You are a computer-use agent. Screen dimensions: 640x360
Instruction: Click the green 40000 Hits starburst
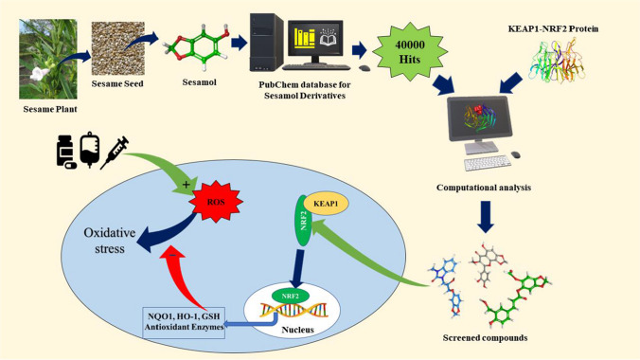[x=409, y=52]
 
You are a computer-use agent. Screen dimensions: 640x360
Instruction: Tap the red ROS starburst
[x=216, y=202]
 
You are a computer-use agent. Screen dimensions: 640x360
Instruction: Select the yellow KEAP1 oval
[x=326, y=203]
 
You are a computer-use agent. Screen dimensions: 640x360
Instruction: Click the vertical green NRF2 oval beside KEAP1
[x=304, y=221]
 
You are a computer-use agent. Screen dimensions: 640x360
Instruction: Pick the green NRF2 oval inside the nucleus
[x=291, y=296]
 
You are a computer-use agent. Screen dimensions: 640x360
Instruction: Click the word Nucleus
[x=297, y=330]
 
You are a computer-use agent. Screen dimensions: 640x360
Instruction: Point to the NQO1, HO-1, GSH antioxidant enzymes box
[x=184, y=322]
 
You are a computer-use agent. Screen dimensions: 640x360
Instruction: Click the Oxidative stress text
[x=110, y=241]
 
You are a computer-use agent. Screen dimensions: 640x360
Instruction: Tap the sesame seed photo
[x=117, y=48]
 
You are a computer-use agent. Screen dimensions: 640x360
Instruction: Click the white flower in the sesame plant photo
[x=40, y=74]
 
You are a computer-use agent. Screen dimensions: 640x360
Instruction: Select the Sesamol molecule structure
[x=197, y=47]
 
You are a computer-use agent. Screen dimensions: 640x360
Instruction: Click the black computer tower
[x=267, y=43]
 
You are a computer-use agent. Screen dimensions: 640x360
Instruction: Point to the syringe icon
[x=115, y=153]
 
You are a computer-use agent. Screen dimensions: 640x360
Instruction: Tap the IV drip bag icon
[x=90, y=150]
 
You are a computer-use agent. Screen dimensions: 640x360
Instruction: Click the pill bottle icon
[x=65, y=152]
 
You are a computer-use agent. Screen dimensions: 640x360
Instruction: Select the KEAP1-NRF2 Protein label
[x=553, y=28]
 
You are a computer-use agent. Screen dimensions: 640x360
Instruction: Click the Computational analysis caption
[x=484, y=188]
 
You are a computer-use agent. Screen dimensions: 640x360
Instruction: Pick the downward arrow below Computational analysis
[x=486, y=217]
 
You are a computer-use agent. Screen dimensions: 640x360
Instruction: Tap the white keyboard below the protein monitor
[x=488, y=163]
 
